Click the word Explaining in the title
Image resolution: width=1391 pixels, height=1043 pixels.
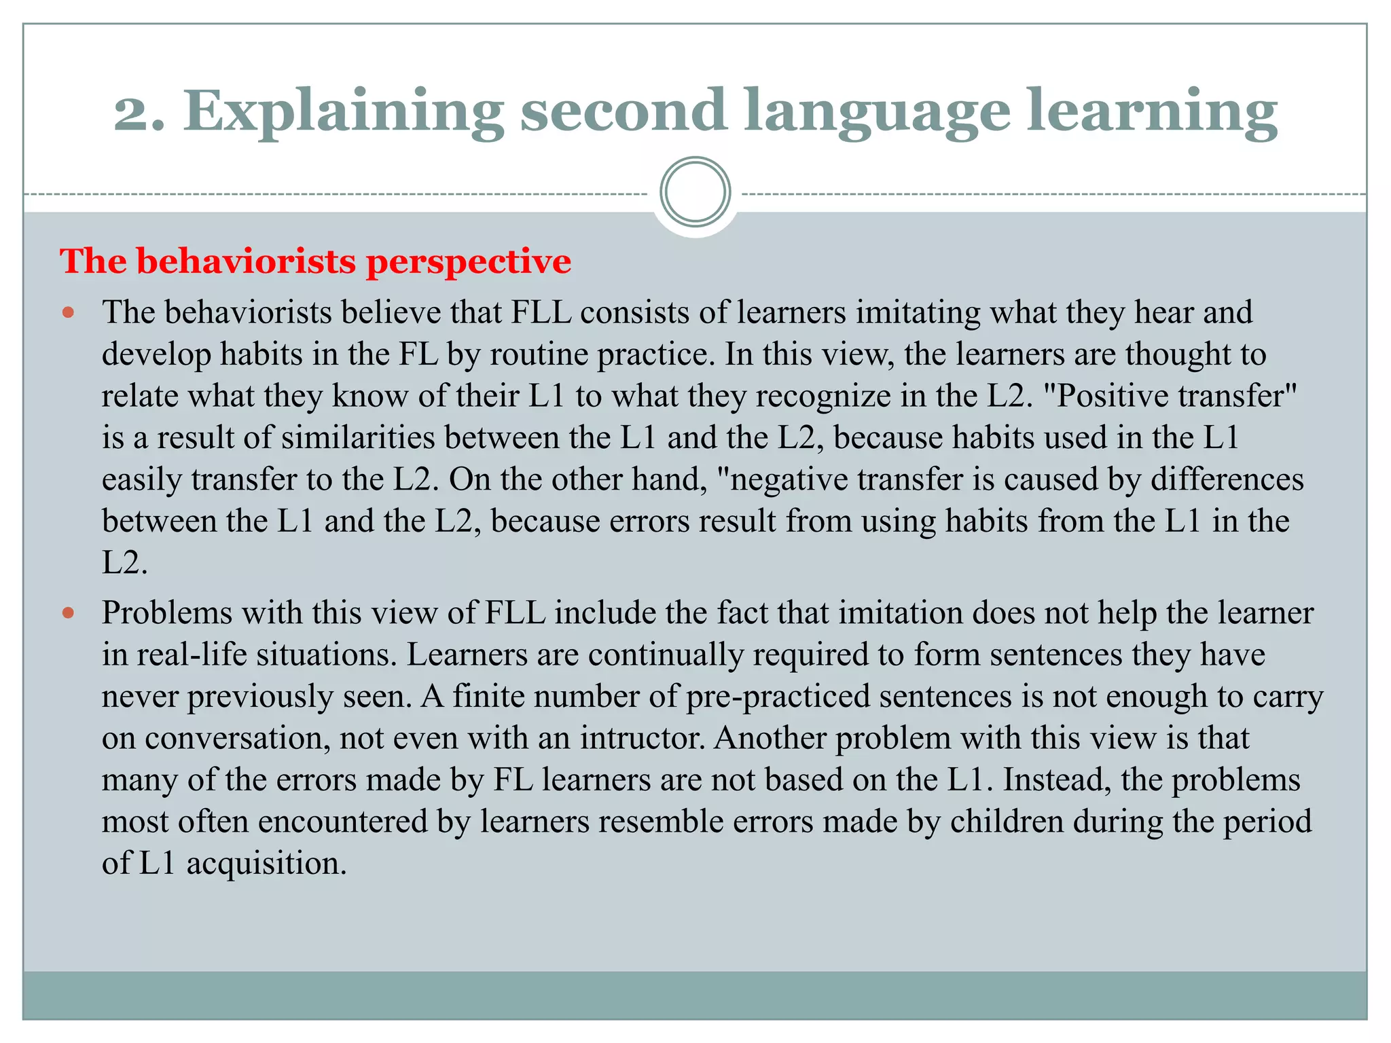[x=343, y=112]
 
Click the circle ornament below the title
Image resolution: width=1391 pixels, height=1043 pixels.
[x=695, y=192]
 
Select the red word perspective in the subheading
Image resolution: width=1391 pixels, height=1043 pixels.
[x=468, y=262]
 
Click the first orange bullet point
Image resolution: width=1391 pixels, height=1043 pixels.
[x=68, y=313]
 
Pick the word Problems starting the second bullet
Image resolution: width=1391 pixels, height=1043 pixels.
[x=167, y=613]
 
